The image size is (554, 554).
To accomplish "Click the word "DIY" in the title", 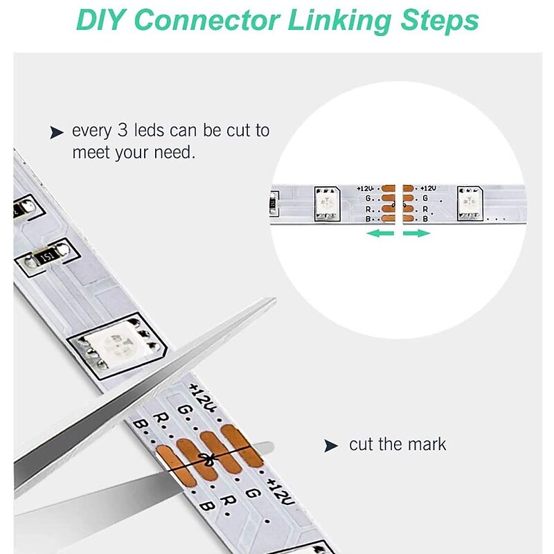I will pos(99,20).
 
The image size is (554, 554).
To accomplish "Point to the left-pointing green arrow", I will pos(380,233).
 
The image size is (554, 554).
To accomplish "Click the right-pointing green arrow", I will pos(417,233).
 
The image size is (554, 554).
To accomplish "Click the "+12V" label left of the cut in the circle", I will pos(365,188).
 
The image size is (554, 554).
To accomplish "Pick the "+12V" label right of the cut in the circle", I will pos(428,188).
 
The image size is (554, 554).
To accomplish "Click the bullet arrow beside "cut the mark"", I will pos(331,445).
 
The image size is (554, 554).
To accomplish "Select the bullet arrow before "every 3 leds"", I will pos(57,132).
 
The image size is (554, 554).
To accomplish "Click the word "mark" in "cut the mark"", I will pos(427,444).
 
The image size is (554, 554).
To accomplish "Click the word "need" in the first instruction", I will pos(174,152).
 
